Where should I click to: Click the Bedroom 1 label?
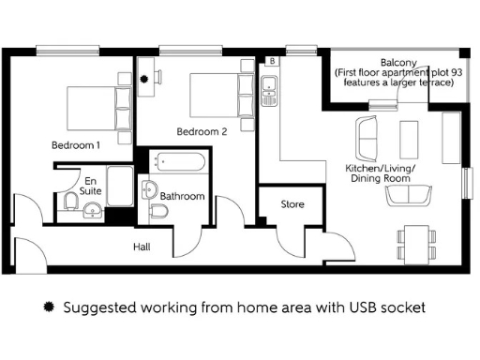75,145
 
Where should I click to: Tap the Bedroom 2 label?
202,131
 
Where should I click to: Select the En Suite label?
90,185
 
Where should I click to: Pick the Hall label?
142,247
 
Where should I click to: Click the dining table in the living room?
413,243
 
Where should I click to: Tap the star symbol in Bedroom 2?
144,81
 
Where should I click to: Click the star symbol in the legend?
51,307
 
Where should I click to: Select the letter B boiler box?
272,61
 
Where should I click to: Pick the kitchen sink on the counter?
268,90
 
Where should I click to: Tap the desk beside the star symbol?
150,67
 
